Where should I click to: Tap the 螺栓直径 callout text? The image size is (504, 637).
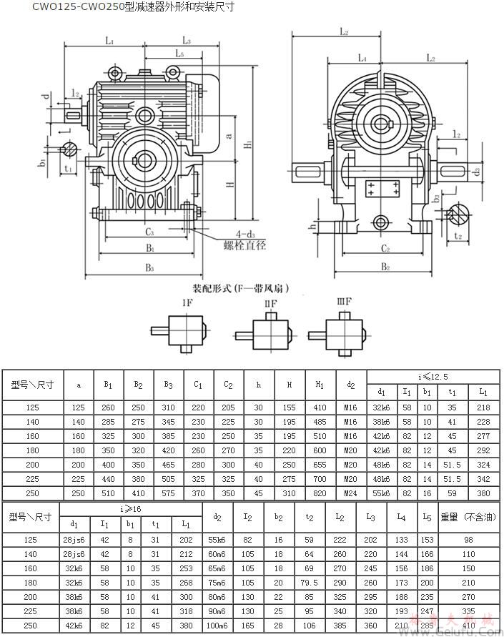(x=244, y=245)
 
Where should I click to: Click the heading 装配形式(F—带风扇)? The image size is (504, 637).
(x=239, y=289)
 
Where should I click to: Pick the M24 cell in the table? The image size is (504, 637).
(x=351, y=493)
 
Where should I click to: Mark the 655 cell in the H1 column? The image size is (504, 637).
(x=320, y=465)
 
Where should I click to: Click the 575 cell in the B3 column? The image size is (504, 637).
(x=169, y=493)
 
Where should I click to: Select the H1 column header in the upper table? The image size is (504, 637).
(x=320, y=385)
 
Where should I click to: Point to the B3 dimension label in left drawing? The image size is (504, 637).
(x=149, y=267)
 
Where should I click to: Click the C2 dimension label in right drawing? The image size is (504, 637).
(x=385, y=249)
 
